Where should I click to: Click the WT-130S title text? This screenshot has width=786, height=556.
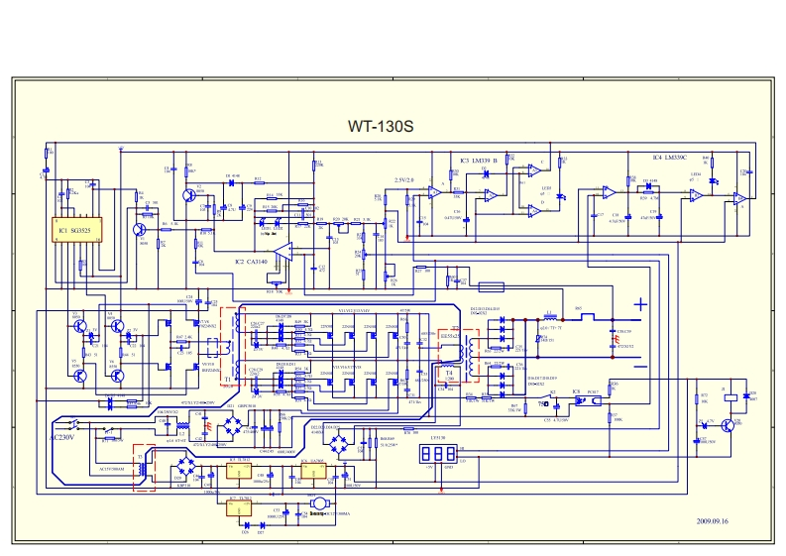coord(380,127)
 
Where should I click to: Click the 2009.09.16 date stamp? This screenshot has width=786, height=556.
coord(712,520)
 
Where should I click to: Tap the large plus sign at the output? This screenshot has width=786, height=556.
coord(641,303)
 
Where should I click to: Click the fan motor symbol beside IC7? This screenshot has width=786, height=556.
coord(319,503)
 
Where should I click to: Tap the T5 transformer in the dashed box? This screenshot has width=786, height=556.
coord(145,466)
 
